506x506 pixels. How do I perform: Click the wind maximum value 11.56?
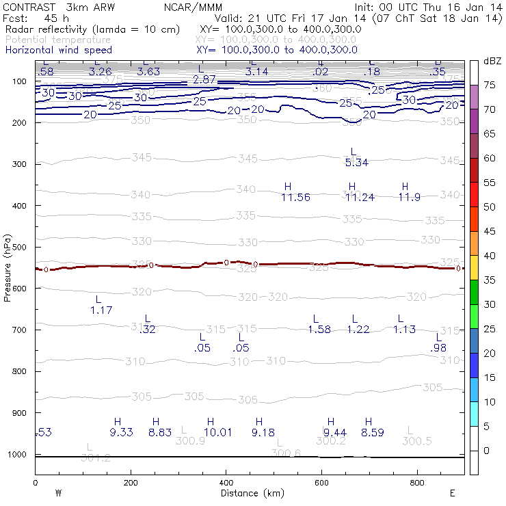pos(295,198)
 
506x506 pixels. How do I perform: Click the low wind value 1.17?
pos(101,310)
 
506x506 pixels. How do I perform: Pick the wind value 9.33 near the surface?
pos(121,432)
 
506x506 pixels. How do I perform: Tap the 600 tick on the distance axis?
pos(321,483)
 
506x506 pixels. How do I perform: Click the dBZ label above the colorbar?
pos(492,62)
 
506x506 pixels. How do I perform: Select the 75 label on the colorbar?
pos(490,85)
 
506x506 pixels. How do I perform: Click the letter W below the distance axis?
pos(59,493)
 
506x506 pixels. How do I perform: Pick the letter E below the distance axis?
pos(452,493)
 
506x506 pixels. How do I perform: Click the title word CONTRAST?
pos(25,6)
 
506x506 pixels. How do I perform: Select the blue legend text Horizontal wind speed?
pos(58,50)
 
